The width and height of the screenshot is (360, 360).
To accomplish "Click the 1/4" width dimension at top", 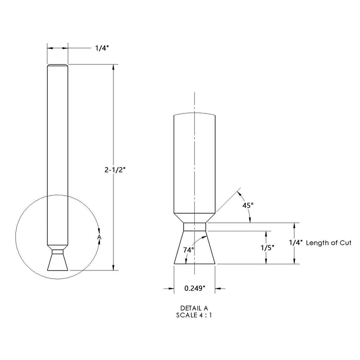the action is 102,48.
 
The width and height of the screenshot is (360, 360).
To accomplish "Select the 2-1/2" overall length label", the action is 116,170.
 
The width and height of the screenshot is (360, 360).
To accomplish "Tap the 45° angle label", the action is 248,205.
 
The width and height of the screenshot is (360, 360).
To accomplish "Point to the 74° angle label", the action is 189,250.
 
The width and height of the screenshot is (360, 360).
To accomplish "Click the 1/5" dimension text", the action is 268,248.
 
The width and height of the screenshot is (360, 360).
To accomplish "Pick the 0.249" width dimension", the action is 194,288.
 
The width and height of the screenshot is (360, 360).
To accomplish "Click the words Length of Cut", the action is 328,243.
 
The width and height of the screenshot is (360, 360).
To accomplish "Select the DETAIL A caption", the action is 194,308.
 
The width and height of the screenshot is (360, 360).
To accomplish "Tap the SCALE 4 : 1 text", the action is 194,315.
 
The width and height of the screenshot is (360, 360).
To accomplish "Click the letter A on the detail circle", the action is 99,237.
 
